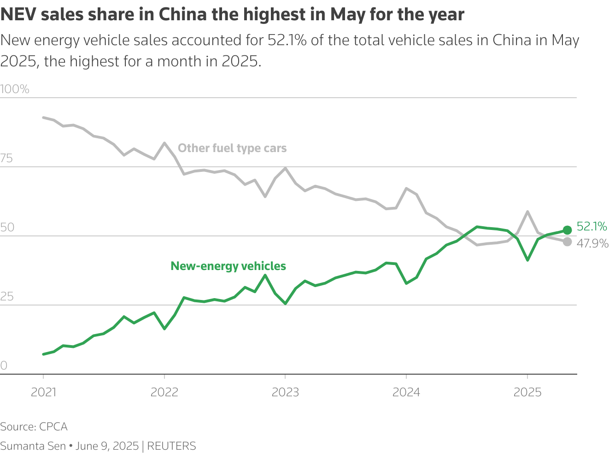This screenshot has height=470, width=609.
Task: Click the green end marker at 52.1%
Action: pyautogui.click(x=567, y=230)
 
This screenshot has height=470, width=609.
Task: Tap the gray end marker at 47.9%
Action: pyautogui.click(x=567, y=241)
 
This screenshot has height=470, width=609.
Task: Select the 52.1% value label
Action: pyautogui.click(x=591, y=226)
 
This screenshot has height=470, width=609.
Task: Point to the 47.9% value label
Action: pyautogui.click(x=592, y=243)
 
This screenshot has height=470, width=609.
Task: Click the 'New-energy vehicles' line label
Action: pyautogui.click(x=228, y=266)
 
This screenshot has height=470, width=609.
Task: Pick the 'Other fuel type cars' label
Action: pyautogui.click(x=232, y=148)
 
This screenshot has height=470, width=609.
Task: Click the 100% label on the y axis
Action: pyautogui.click(x=15, y=89)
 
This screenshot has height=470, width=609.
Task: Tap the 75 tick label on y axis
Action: pyautogui.click(x=6, y=159)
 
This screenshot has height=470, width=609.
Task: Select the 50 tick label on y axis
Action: pyautogui.click(x=7, y=228)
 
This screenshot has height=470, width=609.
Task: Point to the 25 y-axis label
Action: pyautogui.click(x=7, y=297)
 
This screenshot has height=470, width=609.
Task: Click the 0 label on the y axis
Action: pyautogui.click(x=4, y=366)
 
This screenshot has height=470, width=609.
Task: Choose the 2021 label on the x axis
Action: pyautogui.click(x=43, y=392)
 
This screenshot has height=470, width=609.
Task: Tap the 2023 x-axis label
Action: pyautogui.click(x=285, y=392)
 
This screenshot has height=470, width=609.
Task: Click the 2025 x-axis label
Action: pyautogui.click(x=527, y=392)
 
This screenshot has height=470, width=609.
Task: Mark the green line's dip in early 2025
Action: pyautogui.click(x=527, y=260)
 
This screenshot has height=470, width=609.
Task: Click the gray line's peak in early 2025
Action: pyautogui.click(x=527, y=211)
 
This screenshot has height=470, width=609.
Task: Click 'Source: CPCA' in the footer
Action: pyautogui.click(x=34, y=427)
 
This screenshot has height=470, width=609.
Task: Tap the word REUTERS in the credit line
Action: pyautogui.click(x=171, y=446)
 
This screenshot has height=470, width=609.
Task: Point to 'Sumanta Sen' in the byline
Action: pyautogui.click(x=33, y=446)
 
